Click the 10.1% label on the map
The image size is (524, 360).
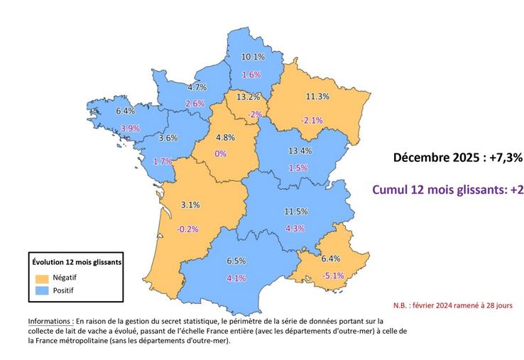253,56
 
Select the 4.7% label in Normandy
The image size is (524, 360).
197,87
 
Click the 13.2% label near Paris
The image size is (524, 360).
247,97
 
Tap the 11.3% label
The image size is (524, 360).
317,96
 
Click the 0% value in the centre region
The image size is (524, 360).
220,153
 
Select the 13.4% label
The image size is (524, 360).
300,151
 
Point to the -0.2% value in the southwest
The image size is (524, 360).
188,229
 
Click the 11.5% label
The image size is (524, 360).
295,211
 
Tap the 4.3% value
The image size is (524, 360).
295,228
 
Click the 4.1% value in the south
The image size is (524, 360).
236,278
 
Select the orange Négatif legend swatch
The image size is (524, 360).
41,277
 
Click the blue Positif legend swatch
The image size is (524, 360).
41,290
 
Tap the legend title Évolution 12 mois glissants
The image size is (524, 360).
75,261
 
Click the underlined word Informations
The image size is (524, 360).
50,320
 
